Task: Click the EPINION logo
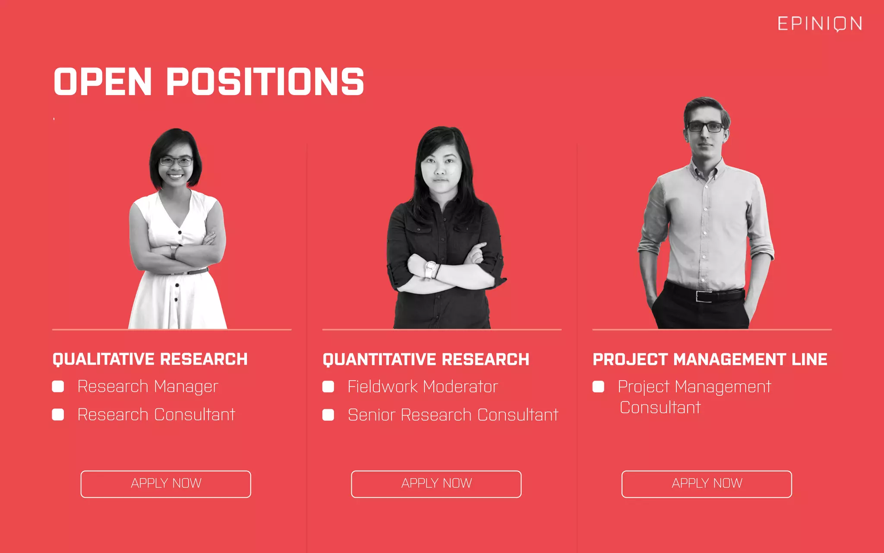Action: click(820, 24)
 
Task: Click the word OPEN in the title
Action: click(103, 82)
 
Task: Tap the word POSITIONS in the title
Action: click(265, 82)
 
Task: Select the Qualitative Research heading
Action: click(150, 359)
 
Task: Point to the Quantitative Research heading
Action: click(426, 359)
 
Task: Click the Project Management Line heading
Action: click(710, 359)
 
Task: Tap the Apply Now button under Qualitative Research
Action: click(166, 484)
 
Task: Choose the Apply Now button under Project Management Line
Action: click(707, 484)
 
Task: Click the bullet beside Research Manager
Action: click(58, 386)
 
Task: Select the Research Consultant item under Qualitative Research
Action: click(156, 415)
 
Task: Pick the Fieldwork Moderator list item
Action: click(423, 387)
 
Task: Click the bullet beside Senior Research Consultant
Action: click(328, 415)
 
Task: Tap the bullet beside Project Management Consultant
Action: click(598, 387)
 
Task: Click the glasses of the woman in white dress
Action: click(176, 162)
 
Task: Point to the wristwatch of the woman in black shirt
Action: click(430, 268)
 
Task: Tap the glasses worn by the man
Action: click(705, 127)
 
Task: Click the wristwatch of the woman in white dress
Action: click(174, 251)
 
